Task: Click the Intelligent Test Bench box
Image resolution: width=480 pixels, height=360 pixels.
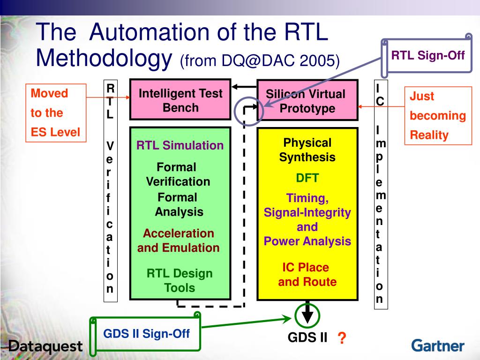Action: click(180, 100)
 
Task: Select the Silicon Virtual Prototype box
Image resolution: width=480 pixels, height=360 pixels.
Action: click(307, 101)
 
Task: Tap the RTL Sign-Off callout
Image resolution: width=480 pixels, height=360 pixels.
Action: click(427, 56)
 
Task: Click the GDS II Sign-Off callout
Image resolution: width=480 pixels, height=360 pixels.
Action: click(146, 334)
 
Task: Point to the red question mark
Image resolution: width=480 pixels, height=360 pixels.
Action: click(342, 338)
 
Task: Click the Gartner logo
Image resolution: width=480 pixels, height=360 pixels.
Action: click(438, 346)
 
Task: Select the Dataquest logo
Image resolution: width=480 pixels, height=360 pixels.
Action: click(45, 347)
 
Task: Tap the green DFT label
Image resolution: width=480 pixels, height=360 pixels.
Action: click(307, 178)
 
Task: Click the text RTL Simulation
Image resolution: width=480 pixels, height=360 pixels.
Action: click(180, 145)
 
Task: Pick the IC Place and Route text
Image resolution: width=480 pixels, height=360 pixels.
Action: click(307, 275)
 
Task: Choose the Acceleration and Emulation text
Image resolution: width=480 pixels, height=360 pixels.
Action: click(179, 240)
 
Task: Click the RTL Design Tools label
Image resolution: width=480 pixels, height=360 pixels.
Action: click(180, 280)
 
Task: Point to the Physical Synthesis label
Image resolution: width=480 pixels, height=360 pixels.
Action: click(307, 150)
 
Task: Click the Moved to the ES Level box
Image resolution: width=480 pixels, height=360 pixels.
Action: click(56, 112)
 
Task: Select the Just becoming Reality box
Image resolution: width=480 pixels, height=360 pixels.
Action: click(438, 116)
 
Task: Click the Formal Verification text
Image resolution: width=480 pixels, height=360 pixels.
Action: click(178, 174)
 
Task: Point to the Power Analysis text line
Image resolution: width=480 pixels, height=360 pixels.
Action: click(307, 241)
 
